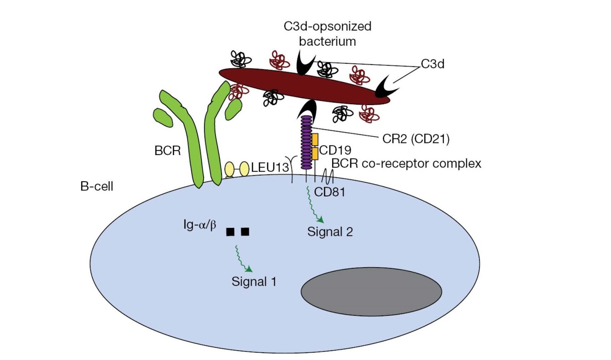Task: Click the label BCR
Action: [x=167, y=150]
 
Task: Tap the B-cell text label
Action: [x=97, y=186]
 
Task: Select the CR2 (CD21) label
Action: [x=415, y=139]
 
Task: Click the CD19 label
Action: [x=335, y=150]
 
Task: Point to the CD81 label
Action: [x=329, y=192]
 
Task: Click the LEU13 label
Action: [x=270, y=167]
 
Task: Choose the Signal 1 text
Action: [x=254, y=282]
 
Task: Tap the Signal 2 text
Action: [x=330, y=232]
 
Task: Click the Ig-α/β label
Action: [x=200, y=224]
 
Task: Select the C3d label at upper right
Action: [x=432, y=64]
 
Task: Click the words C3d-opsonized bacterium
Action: [x=327, y=34]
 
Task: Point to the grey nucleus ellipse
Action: [x=371, y=292]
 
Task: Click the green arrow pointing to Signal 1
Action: [x=243, y=260]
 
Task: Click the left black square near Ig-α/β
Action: [x=230, y=232]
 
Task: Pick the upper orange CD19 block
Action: [x=315, y=139]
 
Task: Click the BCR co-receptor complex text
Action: [x=406, y=163]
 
